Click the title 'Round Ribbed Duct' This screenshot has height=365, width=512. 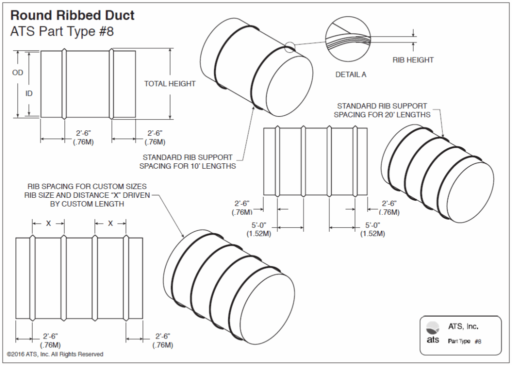72,15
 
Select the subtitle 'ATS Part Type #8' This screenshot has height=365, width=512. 62,31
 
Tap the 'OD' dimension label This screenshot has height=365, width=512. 17,73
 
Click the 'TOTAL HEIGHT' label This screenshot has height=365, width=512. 169,84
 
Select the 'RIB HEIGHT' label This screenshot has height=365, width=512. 413,60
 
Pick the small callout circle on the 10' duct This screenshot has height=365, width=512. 289,47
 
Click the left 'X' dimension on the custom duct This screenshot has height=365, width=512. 48,224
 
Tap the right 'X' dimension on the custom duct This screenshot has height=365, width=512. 110,224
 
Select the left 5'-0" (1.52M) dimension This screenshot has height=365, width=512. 258,229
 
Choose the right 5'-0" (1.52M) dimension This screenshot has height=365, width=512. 372,229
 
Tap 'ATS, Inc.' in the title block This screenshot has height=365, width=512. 463,327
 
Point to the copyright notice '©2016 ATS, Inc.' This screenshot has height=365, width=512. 55,354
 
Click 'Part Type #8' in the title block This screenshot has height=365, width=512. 464,342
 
